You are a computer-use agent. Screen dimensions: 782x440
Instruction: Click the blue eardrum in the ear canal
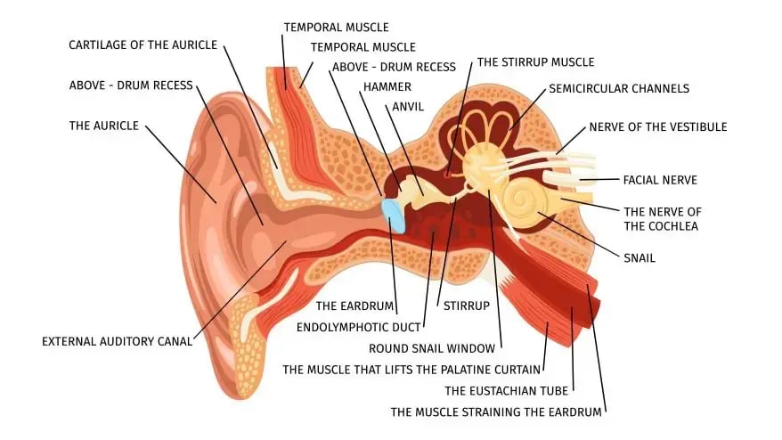[x=394, y=215]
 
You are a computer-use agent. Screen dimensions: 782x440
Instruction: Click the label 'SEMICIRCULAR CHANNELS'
[x=619, y=89]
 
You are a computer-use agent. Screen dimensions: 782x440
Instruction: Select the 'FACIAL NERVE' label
[x=660, y=180]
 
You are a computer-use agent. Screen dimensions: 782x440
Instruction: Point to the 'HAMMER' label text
[x=387, y=86]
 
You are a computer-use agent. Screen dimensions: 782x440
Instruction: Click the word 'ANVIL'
[x=408, y=107]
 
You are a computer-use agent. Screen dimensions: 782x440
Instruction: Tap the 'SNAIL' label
[x=639, y=258]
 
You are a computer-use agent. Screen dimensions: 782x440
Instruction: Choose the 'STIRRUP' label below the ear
[x=467, y=306]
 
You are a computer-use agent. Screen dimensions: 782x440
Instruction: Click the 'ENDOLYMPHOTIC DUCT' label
[x=359, y=327]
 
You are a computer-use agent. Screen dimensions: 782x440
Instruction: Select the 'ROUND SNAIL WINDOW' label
[x=432, y=348]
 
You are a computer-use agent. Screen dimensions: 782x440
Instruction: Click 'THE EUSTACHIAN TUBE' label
[x=506, y=391]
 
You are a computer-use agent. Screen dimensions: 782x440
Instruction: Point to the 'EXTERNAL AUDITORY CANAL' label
[x=118, y=342]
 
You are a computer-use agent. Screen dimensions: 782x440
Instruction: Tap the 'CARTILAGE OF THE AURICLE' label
[x=143, y=45]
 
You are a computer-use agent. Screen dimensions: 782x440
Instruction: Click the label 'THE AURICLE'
[x=104, y=126]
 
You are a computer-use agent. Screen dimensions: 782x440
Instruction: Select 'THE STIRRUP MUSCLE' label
[x=535, y=62]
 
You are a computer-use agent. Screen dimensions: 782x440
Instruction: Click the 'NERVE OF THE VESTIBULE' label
[x=658, y=127]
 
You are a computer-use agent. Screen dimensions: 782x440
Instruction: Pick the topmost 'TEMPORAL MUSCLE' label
[x=336, y=28]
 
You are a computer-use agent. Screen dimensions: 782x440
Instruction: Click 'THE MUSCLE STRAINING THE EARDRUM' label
[x=496, y=412]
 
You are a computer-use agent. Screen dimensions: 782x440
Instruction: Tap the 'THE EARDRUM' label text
[x=354, y=306]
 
